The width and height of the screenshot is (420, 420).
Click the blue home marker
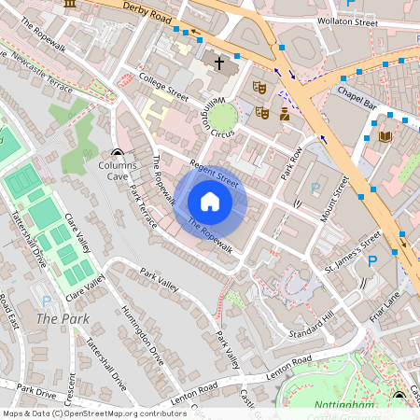[210, 201]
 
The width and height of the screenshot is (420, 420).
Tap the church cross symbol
[220, 64]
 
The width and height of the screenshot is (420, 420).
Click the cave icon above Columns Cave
[118, 154]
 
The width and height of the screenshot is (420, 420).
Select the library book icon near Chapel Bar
[385, 137]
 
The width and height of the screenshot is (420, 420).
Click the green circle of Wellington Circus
[223, 117]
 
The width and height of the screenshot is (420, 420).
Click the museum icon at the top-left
[70, 4]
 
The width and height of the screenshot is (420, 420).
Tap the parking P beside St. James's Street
[372, 261]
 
